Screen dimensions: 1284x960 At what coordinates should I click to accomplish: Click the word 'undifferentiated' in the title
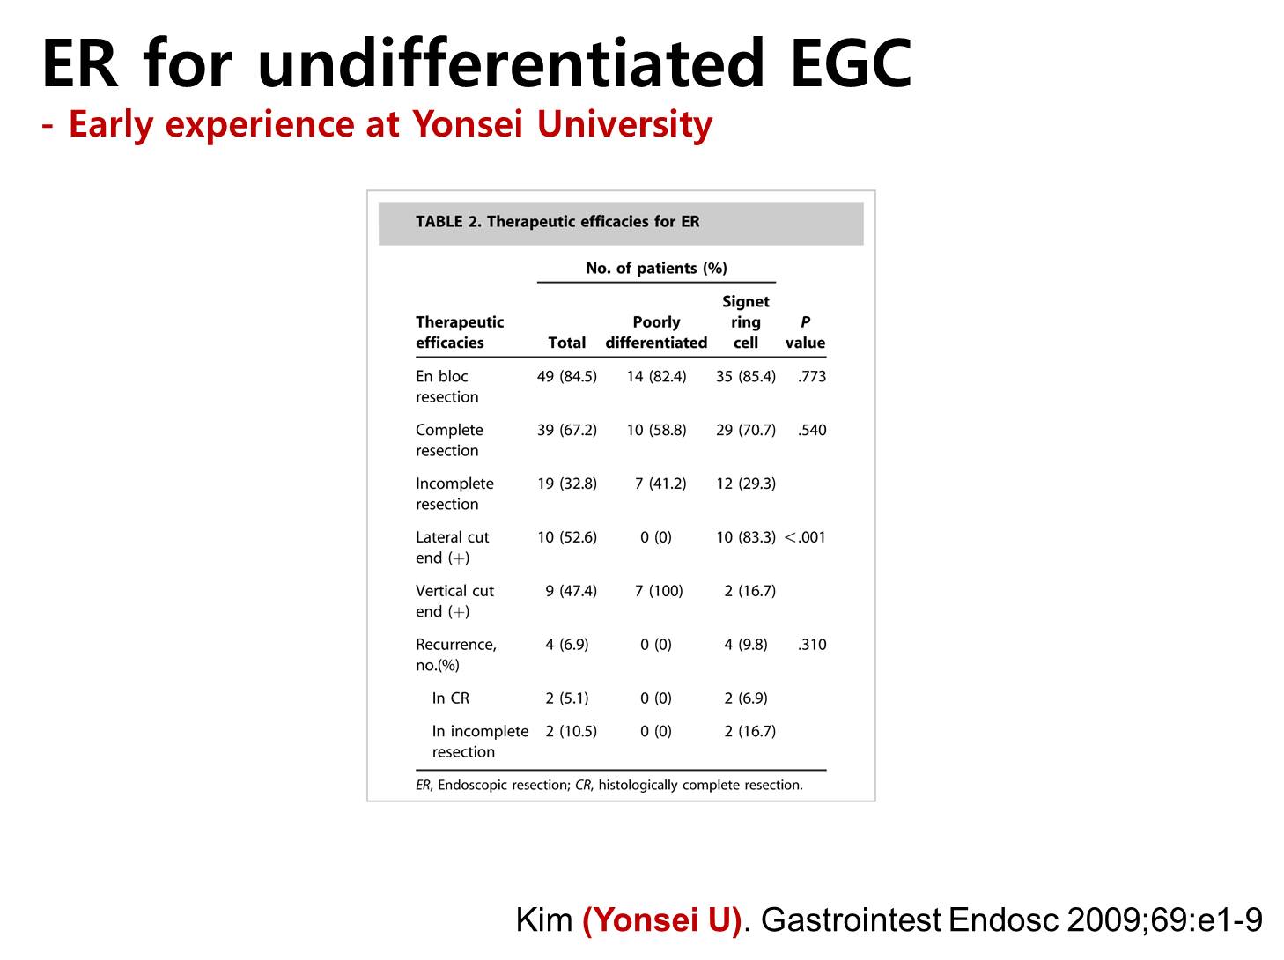coord(510,63)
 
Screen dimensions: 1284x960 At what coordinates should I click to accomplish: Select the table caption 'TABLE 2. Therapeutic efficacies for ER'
coord(557,221)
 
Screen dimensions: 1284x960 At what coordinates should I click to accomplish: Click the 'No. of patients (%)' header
coord(656,268)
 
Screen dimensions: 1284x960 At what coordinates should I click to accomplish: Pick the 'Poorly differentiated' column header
coord(656,332)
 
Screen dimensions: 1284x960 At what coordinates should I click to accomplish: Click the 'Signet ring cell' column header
coord(745,321)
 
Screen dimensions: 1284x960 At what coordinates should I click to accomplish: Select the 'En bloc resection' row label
coord(446,386)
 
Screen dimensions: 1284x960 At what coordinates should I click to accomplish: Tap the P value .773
coord(811,376)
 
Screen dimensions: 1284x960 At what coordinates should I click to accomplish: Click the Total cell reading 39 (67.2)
coord(567,430)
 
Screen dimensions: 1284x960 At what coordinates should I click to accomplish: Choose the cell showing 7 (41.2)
coord(660,484)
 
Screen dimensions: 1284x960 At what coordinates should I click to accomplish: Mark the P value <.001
coord(804,537)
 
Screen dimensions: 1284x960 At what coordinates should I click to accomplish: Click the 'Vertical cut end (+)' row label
coord(454,601)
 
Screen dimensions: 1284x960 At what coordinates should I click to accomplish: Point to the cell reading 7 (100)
coord(659,591)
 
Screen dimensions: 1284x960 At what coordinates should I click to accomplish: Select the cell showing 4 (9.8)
coord(745,644)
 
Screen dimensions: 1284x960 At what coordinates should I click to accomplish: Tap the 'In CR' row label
coord(450,698)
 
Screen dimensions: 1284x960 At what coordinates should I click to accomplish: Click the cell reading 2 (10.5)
coord(571,731)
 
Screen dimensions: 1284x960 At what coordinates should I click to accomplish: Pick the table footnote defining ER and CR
coord(609,785)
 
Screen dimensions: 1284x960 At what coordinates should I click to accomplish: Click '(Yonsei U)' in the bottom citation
coord(661,919)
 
